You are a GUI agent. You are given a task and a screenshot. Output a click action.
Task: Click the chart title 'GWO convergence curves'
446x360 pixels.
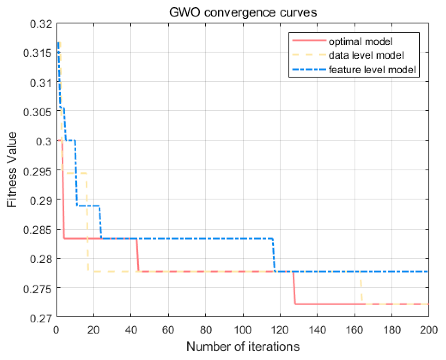coord(243,13)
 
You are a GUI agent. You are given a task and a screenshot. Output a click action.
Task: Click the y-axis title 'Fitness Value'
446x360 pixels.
coord(12,170)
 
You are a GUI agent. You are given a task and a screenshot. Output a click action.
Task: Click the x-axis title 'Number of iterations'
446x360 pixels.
coord(243,347)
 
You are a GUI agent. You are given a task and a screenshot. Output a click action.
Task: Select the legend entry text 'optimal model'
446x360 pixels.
coord(360,41)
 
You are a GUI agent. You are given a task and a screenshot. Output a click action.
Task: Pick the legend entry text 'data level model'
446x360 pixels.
coord(366,55)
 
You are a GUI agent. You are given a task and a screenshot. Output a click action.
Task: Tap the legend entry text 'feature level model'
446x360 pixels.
coord(372,70)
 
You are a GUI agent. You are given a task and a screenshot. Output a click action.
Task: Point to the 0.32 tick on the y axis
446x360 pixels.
coord(41,24)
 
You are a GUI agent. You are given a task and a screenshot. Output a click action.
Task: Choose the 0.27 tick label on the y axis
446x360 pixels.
coord(41,318)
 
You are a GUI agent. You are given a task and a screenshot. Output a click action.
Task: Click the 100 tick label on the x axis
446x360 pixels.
coord(243,330)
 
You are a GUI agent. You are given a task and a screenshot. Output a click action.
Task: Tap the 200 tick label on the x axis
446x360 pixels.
coord(429,330)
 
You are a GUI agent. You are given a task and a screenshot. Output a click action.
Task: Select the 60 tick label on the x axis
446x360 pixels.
coord(168,330)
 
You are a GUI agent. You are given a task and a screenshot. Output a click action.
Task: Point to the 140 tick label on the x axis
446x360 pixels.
coord(317,330)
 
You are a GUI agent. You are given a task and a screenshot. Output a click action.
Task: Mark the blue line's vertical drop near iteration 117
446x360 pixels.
coord(274,255)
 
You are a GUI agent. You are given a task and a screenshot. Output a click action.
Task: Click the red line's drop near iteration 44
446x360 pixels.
coord(138,255)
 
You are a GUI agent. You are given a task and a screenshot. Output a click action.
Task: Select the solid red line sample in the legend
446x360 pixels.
coord(309,40)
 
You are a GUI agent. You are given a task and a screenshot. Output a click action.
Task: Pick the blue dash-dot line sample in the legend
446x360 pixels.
coord(309,69)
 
